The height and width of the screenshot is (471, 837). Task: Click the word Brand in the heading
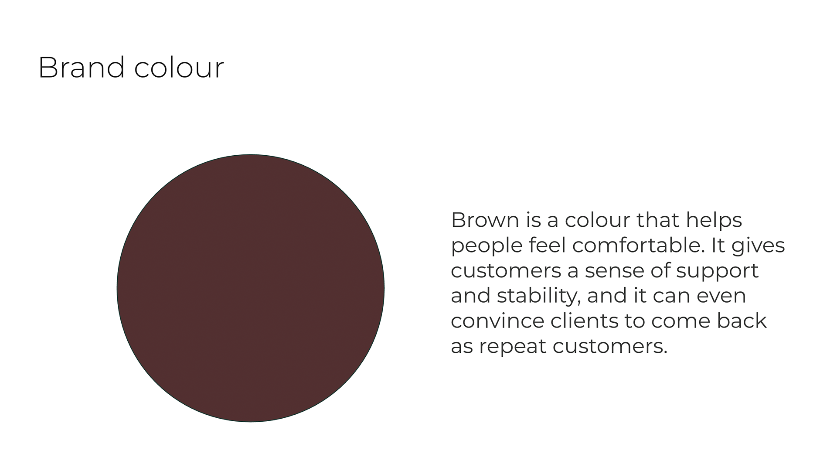82,68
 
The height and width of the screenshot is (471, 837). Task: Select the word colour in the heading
179,68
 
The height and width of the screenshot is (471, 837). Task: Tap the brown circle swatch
251,288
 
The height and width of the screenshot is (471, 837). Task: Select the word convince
497,321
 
